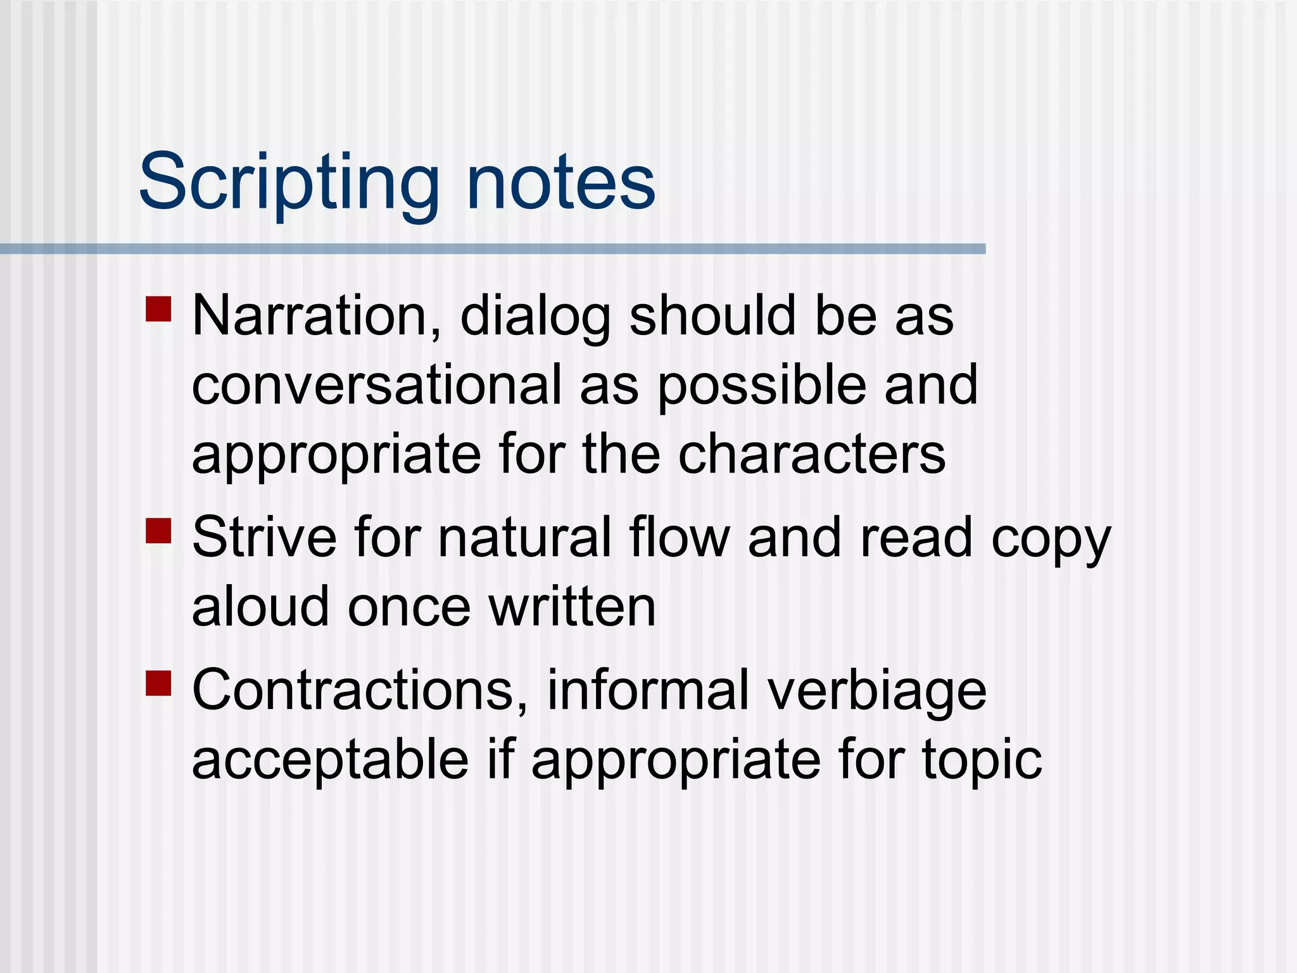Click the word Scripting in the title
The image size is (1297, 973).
click(x=289, y=184)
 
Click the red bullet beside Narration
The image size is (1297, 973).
click(x=158, y=309)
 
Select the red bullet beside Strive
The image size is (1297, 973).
click(x=158, y=531)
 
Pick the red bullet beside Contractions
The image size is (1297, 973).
click(x=158, y=684)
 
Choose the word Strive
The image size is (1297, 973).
click(x=264, y=537)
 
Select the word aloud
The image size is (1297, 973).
click(x=260, y=606)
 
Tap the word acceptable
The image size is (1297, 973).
click(x=330, y=761)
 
